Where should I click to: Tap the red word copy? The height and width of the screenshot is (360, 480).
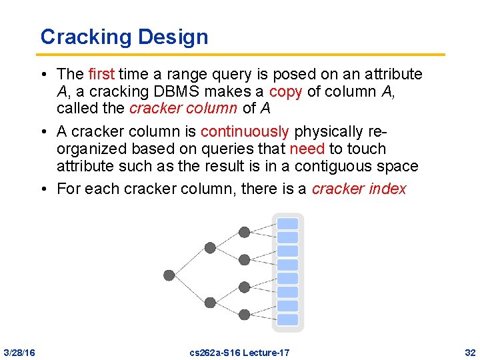[285, 91]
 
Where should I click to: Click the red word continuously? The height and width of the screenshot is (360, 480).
[245, 131]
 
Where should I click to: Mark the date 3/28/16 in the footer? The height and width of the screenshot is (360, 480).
[20, 352]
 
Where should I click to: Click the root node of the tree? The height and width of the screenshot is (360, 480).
[169, 275]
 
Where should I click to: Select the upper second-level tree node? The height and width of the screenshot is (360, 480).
[210, 247]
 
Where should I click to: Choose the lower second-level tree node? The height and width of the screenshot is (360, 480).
[210, 302]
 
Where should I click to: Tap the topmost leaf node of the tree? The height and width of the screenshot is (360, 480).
[245, 232]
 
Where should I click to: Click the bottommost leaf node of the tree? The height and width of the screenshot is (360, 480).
[245, 314]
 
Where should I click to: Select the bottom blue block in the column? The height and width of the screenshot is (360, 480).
[288, 320]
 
